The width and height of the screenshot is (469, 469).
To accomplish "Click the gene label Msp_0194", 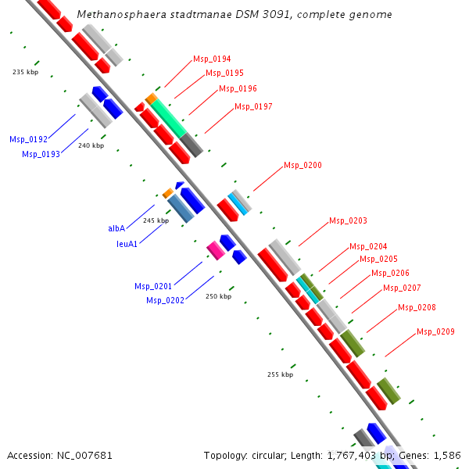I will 212,59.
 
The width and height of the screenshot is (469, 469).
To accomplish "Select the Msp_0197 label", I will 253,106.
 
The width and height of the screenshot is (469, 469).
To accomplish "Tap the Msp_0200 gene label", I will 303,165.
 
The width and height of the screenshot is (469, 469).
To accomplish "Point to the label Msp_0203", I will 348,220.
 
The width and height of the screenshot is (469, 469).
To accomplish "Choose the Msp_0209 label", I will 435,331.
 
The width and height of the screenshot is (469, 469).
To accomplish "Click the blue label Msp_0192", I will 28,139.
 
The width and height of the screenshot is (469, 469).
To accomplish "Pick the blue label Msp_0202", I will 165,300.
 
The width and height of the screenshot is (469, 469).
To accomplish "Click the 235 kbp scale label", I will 25,72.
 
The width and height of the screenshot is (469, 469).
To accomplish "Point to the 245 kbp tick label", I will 156,220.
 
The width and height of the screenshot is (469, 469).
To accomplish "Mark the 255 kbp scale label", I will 280,374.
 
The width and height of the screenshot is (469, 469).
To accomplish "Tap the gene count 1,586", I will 446,455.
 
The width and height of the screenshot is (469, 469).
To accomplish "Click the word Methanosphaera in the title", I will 115,15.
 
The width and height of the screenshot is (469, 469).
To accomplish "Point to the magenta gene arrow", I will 215,250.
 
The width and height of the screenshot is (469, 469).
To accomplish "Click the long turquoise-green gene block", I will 168,117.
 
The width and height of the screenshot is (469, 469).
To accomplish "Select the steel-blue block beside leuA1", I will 181,208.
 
